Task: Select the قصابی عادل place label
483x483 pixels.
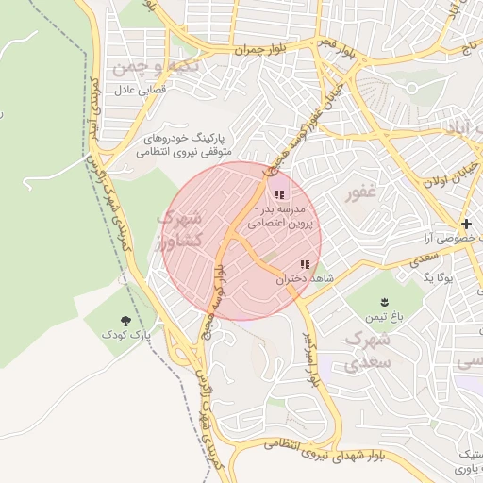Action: (140, 92)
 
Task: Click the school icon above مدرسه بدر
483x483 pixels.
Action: (278, 194)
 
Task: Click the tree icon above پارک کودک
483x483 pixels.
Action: (127, 321)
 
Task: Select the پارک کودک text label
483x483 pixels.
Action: (127, 336)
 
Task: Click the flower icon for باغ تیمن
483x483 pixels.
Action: (384, 302)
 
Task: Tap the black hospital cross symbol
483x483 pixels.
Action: (466, 224)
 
